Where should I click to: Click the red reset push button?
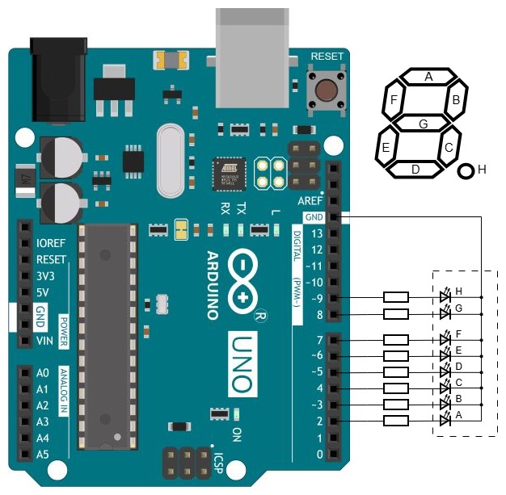327,89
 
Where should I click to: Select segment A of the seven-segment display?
428,77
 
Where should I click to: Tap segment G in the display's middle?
423,124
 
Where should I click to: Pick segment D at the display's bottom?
415,169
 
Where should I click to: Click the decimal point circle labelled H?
466,170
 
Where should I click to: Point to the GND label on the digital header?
314,217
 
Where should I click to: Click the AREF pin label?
311,200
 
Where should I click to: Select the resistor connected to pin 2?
396,421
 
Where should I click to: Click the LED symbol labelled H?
445,297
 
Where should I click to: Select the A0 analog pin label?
43,372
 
